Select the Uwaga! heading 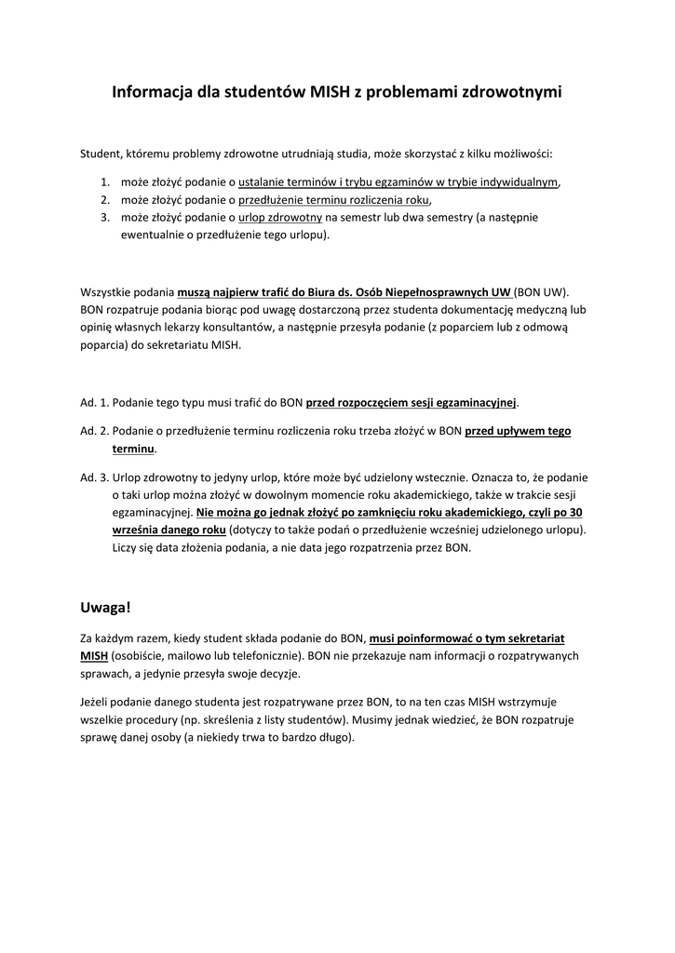(106, 607)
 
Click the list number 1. (105, 181)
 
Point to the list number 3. (105, 217)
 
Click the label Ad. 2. (95, 431)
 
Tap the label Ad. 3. (95, 476)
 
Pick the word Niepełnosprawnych (433, 290)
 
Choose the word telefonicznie (263, 655)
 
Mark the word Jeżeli (97, 702)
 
